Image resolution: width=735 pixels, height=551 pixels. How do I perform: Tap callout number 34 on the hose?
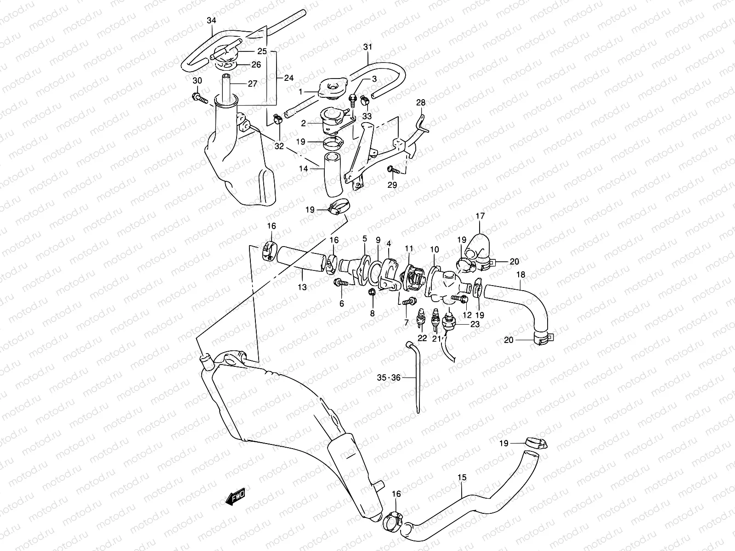tap(211, 21)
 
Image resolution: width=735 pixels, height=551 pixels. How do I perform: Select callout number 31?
tap(367, 47)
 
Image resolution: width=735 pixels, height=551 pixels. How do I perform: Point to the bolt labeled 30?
tap(198, 97)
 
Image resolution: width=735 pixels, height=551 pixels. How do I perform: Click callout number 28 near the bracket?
tap(421, 102)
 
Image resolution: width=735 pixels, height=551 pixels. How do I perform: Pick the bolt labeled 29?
tap(392, 169)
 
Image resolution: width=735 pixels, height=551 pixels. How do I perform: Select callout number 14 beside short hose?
tap(303, 169)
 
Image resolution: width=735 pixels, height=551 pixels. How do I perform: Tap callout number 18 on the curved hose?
tap(521, 275)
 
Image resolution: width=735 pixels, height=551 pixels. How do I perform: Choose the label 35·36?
tap(389, 378)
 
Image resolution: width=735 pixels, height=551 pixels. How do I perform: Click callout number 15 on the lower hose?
tap(462, 478)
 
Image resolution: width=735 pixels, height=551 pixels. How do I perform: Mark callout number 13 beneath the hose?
tap(302, 287)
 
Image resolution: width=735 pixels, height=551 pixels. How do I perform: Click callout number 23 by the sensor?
tap(475, 324)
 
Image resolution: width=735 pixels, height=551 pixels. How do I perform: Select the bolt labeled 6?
tap(340, 282)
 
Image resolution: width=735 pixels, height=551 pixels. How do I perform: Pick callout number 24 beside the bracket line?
tap(288, 78)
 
